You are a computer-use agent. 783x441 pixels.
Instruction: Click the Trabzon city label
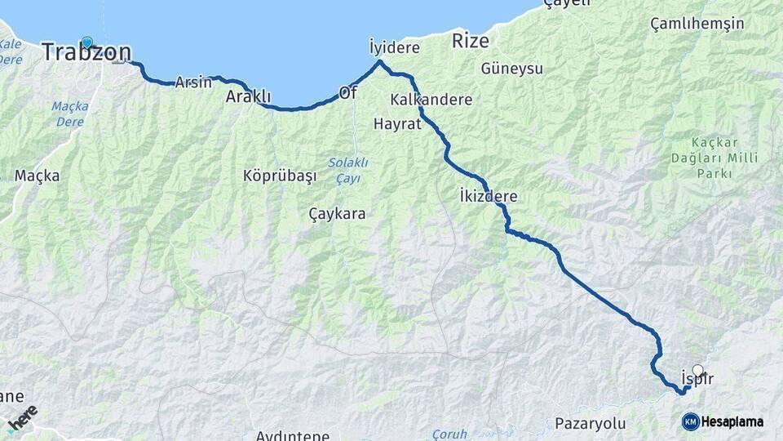86,52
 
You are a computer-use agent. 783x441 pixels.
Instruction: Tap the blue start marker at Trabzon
86,42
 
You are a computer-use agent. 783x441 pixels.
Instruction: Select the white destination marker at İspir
697,370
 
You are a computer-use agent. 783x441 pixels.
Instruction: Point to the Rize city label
471,41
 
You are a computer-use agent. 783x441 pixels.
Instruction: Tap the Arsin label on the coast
193,82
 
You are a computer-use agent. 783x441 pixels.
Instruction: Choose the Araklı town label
248,96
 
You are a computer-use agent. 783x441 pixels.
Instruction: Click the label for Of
348,93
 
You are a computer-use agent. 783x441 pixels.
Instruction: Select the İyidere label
394,47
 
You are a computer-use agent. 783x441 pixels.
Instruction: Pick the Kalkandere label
431,100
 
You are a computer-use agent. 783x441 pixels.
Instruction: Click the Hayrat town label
396,124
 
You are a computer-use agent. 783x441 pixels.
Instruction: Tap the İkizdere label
488,197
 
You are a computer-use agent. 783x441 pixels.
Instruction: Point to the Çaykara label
337,214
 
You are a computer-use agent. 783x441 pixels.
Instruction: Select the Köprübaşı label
279,176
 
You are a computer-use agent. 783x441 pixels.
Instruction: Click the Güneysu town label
512,69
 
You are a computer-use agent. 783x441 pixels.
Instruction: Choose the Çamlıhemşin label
697,24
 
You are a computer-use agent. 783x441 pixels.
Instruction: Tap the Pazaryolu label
590,423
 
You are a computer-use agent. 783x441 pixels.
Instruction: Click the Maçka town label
32,176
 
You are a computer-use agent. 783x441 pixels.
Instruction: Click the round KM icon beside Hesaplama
691,421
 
